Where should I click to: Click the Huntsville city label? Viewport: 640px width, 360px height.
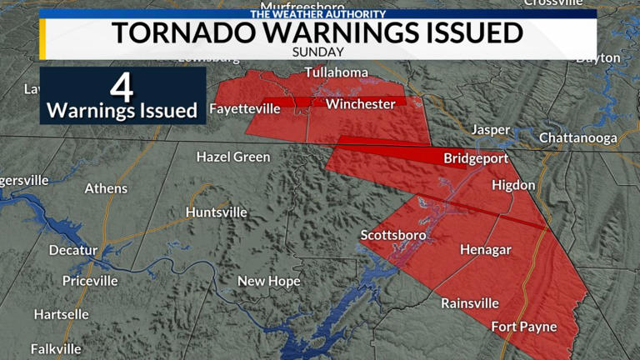216,212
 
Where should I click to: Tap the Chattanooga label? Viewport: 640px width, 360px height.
577,137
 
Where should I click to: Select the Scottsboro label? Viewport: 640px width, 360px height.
393,236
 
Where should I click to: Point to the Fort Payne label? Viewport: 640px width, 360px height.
523,327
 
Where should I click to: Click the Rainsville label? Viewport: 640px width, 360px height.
470,302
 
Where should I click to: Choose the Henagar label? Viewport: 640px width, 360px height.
485,249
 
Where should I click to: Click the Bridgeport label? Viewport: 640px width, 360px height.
476,158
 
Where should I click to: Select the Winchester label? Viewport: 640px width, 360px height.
360,104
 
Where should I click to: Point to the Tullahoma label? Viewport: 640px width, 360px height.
336,72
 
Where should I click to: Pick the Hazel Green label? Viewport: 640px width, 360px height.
233,157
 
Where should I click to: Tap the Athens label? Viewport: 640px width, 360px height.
106,188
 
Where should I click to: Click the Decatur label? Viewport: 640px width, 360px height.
73,250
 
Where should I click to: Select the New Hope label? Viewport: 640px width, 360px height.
268,282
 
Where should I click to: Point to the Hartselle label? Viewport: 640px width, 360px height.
62,314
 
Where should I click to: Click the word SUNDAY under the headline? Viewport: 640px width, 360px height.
318,51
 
